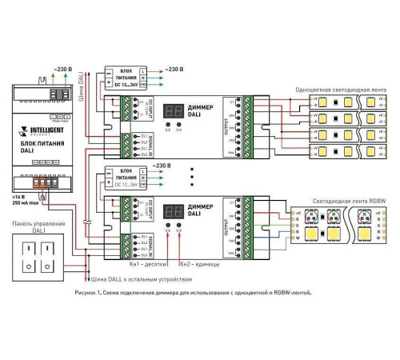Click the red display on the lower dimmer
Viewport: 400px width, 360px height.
click(x=172, y=212)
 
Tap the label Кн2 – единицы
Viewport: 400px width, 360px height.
click(x=196, y=263)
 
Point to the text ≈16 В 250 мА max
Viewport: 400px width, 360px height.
click(x=25, y=200)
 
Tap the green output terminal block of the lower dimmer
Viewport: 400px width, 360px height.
click(x=248, y=225)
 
